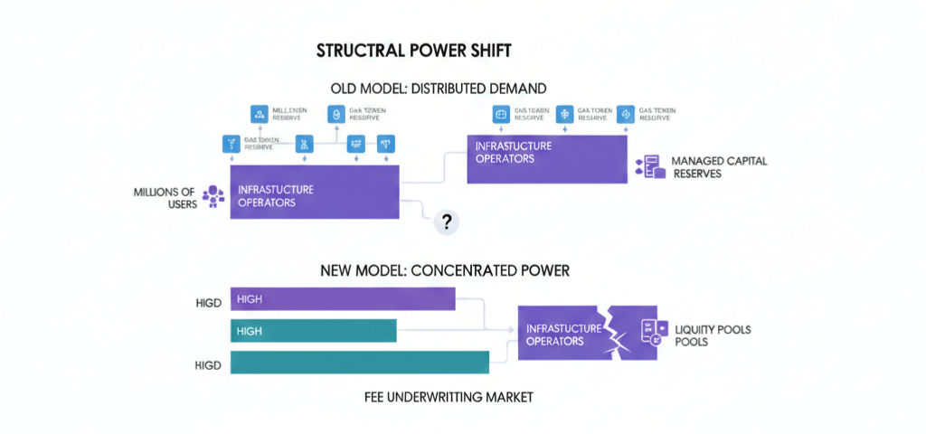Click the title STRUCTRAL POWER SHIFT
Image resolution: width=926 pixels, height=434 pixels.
[415, 52]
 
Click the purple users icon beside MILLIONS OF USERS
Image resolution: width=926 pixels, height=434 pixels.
[213, 196]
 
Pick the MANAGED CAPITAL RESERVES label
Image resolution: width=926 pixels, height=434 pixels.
[719, 166]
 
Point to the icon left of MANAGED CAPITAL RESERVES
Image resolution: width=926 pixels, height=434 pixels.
[650, 166]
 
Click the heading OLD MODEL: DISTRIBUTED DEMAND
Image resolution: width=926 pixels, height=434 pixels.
[439, 89]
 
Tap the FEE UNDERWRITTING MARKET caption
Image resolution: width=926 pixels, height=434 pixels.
[448, 398]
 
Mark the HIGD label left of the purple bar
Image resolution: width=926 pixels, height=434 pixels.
[208, 300]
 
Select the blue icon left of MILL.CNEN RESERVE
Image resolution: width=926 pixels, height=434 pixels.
[259, 114]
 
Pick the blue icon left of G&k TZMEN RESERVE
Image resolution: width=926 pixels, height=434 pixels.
[334, 114]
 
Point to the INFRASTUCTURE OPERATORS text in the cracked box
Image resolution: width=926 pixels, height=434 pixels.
[562, 334]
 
